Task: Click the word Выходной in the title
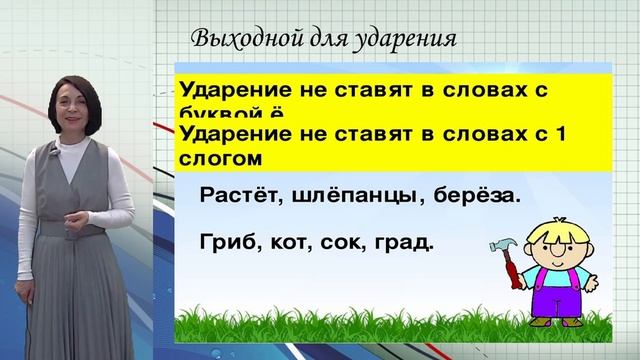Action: click(237, 39)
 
